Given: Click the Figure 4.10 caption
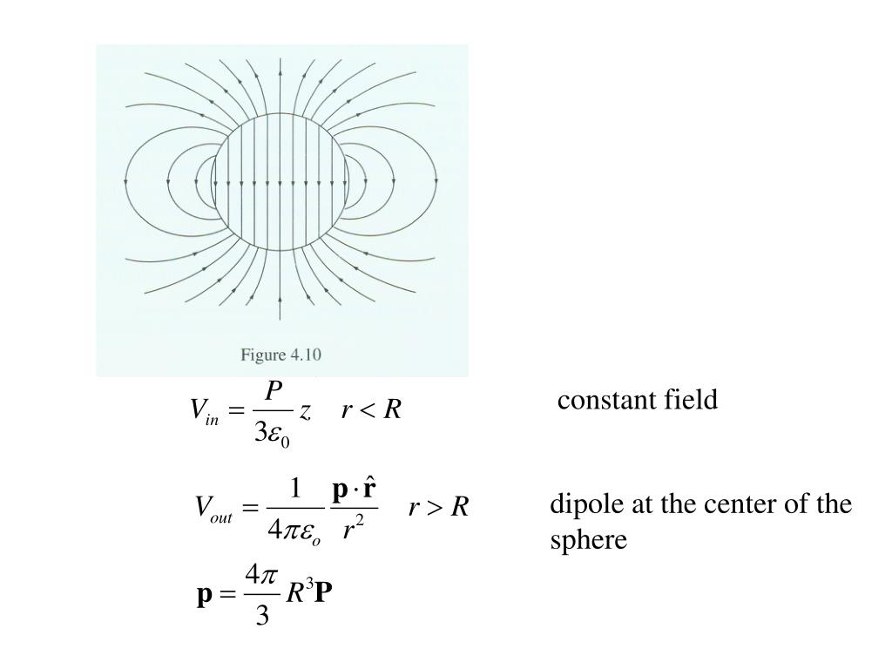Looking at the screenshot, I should pyautogui.click(x=281, y=355).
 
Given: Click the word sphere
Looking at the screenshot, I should pyautogui.click(x=588, y=540).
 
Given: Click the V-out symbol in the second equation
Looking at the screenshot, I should pyautogui.click(x=213, y=509).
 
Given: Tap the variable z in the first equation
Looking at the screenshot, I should pyautogui.click(x=305, y=412).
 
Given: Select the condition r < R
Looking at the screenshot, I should pyautogui.click(x=371, y=410).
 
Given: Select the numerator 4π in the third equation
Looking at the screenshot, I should pyautogui.click(x=261, y=575).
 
